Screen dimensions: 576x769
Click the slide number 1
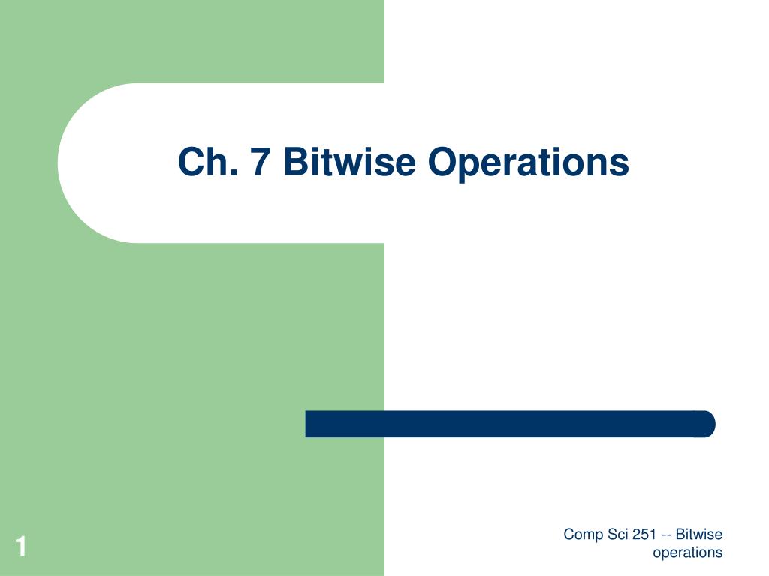pyautogui.click(x=21, y=547)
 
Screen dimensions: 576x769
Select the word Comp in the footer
pyautogui.click(x=582, y=535)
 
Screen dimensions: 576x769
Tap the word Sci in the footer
pyautogui.click(x=616, y=535)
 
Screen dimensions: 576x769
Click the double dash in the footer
pyautogui.click(x=666, y=535)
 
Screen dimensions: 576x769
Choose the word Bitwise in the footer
pyautogui.click(x=698, y=535)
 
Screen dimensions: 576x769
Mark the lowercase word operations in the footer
pyautogui.click(x=687, y=553)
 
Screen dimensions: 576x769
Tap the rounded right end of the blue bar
pyautogui.click(x=706, y=424)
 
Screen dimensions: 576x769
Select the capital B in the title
pyautogui.click(x=295, y=162)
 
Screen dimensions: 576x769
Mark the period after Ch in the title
pyautogui.click(x=236, y=174)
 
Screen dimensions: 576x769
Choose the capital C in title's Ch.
pyautogui.click(x=191, y=162)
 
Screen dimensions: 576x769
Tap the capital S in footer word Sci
pyautogui.click(x=609, y=535)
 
